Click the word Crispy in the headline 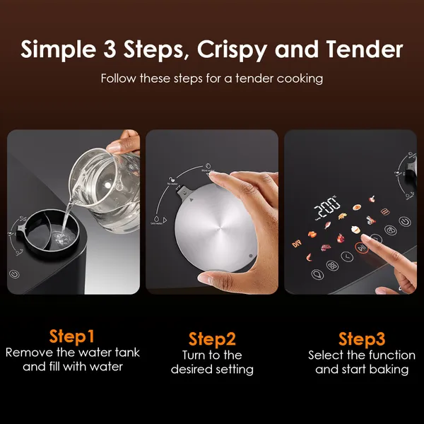click(x=232, y=49)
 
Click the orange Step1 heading click(x=72, y=335)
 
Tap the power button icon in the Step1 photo click(x=15, y=274)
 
